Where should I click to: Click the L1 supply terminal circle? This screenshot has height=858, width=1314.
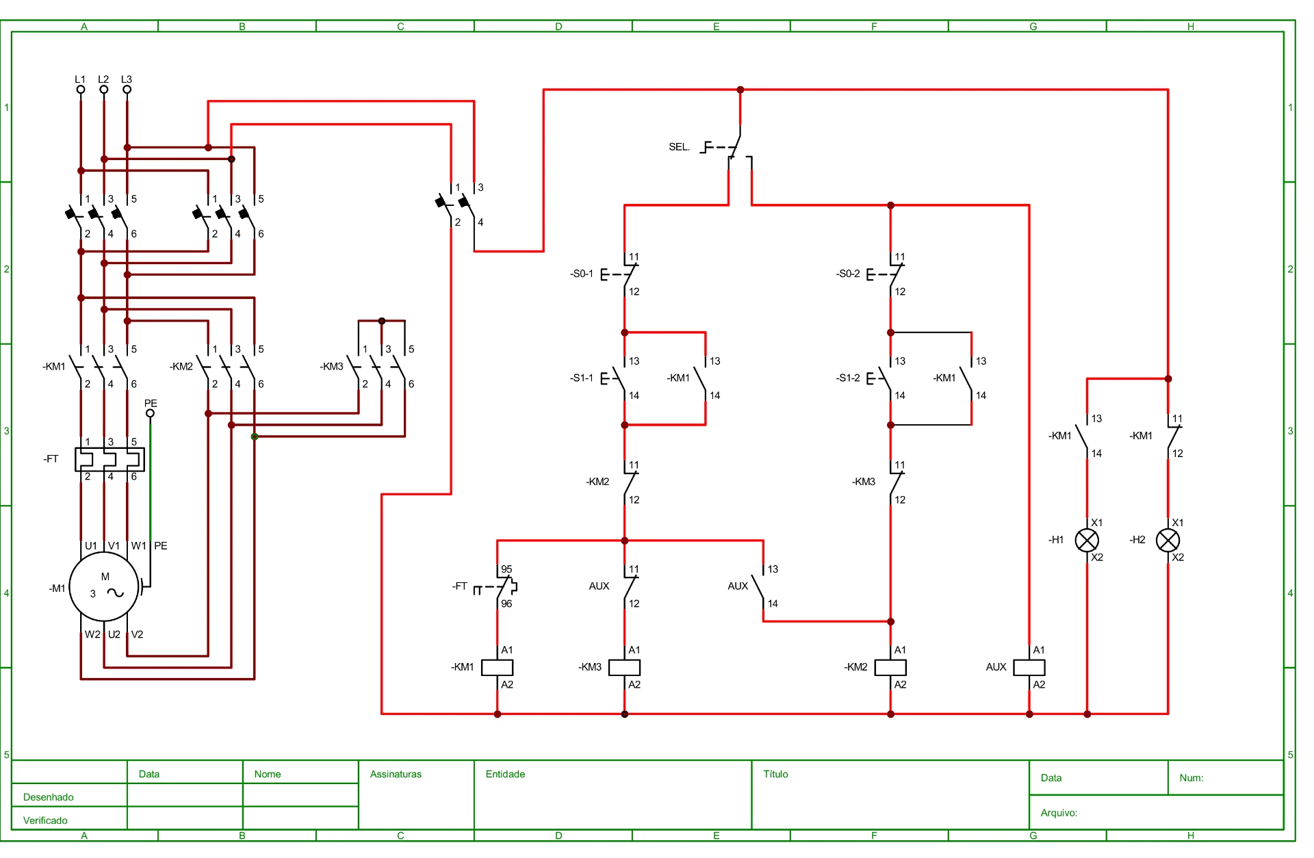click(x=81, y=89)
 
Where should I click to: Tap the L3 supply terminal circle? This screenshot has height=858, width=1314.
click(x=127, y=89)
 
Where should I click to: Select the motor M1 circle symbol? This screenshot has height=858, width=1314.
click(x=104, y=587)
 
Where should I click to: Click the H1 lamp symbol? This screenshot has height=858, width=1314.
click(x=1087, y=541)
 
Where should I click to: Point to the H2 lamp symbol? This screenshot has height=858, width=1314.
click(x=1168, y=541)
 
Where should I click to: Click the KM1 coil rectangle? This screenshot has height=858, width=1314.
click(x=498, y=667)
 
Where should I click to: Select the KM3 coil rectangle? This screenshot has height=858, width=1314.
click(x=624, y=667)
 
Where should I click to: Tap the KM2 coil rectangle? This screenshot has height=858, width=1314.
click(x=890, y=667)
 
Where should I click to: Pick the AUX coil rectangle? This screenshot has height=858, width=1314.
click(x=1029, y=667)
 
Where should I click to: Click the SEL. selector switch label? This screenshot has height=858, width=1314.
click(x=679, y=146)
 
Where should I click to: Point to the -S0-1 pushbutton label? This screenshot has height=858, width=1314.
click(x=582, y=274)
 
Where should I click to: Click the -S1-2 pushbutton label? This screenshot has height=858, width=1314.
click(x=848, y=378)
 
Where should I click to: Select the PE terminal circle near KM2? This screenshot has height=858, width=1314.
click(x=150, y=413)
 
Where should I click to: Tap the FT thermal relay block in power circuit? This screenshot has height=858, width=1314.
click(x=109, y=459)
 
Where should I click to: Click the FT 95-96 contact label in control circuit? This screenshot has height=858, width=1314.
click(x=460, y=586)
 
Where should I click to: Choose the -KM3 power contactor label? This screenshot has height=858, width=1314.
click(x=332, y=367)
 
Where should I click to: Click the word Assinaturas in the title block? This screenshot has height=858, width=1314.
click(x=396, y=774)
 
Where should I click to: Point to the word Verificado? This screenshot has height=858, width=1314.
click(x=45, y=820)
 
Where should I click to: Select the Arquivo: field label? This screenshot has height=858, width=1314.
click(x=1059, y=813)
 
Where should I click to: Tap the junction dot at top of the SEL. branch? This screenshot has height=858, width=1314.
click(x=740, y=90)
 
